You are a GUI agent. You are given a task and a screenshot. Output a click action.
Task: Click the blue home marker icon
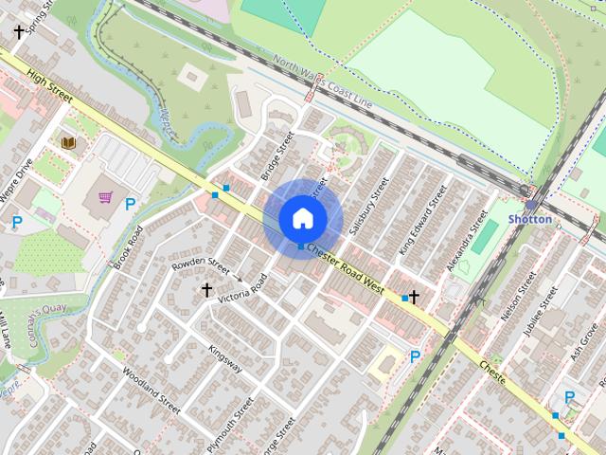302,218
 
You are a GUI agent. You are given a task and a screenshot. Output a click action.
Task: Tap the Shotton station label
530,219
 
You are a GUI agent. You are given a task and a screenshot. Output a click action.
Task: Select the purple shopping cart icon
105,198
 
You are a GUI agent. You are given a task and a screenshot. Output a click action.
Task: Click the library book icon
68,142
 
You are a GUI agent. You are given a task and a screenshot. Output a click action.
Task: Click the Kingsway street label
225,358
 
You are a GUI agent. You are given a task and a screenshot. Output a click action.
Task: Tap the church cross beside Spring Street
19,31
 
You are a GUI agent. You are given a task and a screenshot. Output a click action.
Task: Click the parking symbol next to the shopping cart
131,204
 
